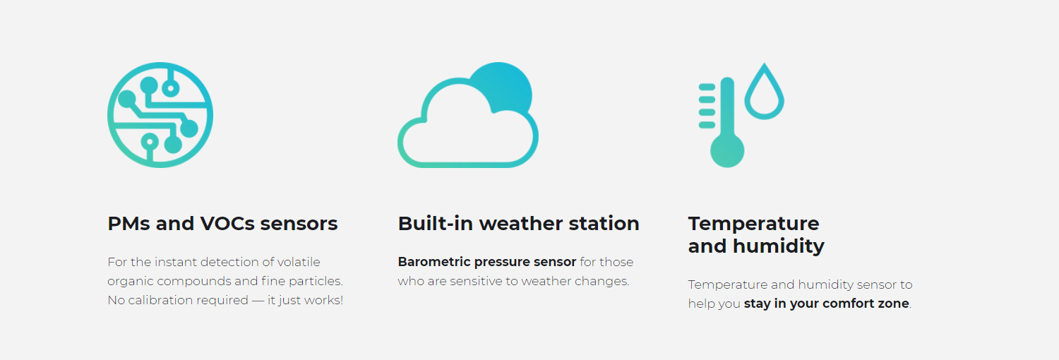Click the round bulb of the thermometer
727,151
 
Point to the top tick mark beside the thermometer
707,87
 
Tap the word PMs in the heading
128,224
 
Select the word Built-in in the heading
436,224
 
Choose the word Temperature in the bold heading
753,224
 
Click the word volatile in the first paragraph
299,262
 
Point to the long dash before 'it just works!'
258,301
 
